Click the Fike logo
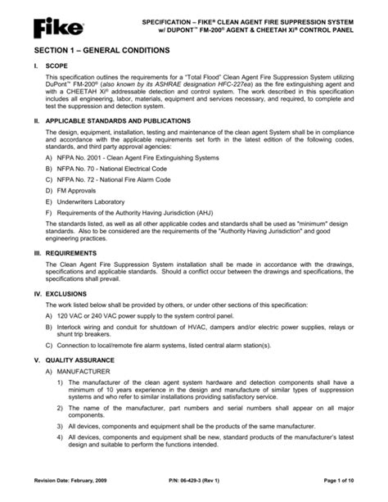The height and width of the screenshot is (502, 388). (60, 29)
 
